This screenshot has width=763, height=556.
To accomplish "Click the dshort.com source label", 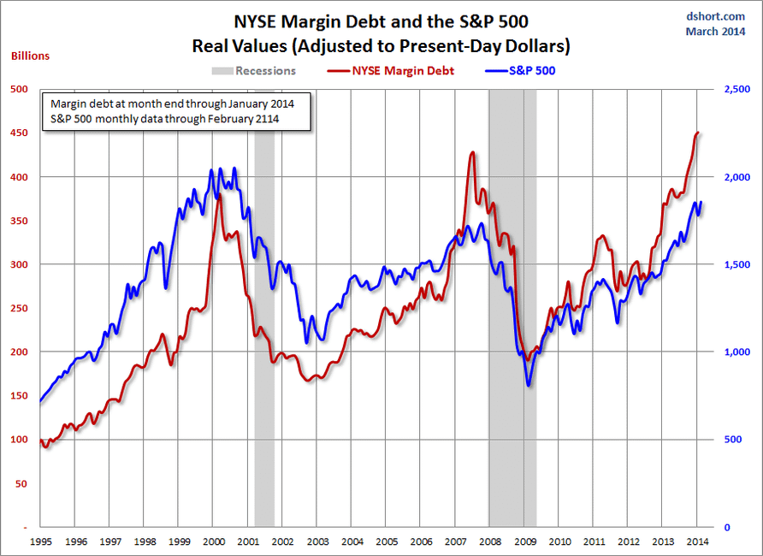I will pos(715,16).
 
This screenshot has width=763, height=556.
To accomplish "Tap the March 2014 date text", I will pos(715,32).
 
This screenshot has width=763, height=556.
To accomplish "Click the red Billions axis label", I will pos(30,56).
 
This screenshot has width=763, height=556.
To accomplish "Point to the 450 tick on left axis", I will pos(18,133).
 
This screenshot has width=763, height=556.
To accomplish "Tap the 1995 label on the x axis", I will pos(40,541).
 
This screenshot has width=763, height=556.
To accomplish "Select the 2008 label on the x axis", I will pos(489,541).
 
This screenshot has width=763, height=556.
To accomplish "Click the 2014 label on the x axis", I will pos(696,541).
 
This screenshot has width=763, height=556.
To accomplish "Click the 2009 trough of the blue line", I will pos(529,385).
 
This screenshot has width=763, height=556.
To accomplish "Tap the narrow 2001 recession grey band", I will pos(264,342).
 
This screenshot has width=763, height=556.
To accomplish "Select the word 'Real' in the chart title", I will pos(214,44).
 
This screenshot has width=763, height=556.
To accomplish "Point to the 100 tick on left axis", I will pos(18,440).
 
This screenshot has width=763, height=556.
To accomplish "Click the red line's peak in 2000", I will pos(219,196).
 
